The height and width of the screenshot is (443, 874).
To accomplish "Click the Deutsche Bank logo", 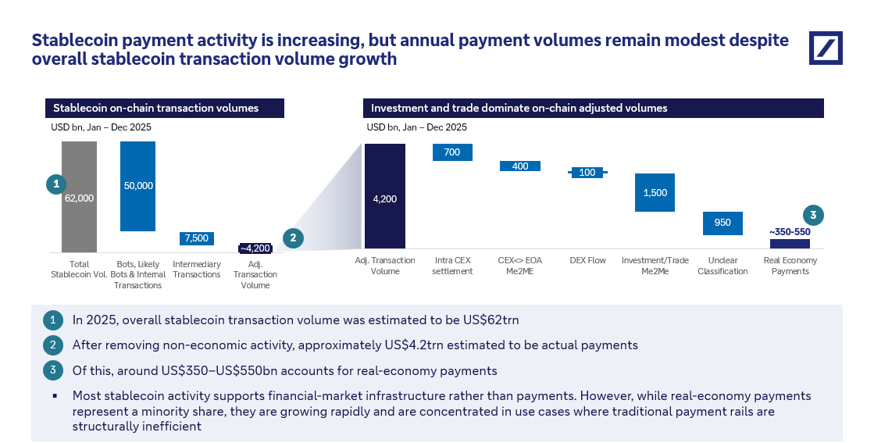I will coord(826,48).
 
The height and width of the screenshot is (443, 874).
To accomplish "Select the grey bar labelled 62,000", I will coord(79,197).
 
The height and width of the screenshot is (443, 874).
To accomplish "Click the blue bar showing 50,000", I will coord(138,186).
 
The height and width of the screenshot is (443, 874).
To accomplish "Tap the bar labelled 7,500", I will coord(197,238).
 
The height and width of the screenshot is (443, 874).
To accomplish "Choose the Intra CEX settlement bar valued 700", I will coord(452,152).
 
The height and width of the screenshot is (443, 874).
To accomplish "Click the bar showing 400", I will coord(519,166).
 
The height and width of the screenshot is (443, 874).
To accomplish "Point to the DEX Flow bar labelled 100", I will coord(587,172).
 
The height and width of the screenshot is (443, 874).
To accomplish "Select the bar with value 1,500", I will coord(655,192).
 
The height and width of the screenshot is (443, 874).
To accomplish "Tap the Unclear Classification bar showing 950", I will coord(722,223).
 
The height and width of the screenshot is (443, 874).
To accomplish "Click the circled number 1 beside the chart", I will coord(55,184).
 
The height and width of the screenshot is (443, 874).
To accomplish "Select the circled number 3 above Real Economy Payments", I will coord(813,216).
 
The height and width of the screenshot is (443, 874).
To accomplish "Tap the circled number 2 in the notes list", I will coord(54,345).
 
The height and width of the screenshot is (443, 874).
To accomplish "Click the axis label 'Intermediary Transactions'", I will coord(197,269).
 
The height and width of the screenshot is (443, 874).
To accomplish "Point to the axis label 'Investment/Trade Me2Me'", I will coord(655,266).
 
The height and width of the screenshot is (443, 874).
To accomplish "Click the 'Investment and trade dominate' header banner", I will coord(594,108).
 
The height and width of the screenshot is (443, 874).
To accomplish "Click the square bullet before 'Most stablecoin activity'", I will coord(55,396).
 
